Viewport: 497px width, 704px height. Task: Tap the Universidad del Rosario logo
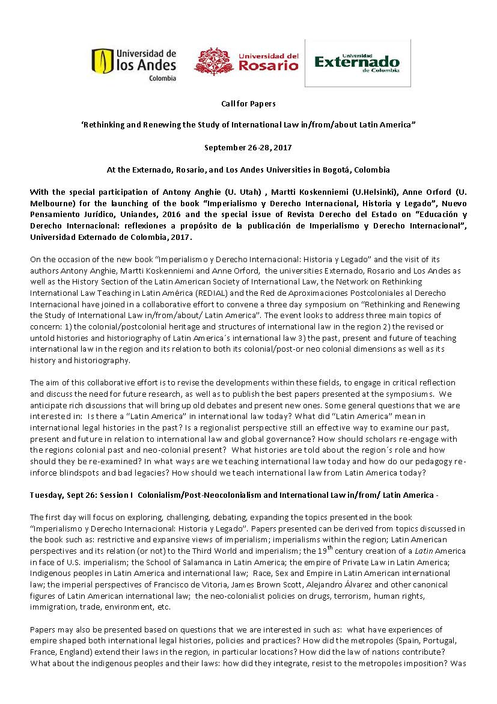click(246, 62)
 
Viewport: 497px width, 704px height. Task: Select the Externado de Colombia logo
click(357, 63)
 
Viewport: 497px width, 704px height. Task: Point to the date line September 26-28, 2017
click(248, 147)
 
